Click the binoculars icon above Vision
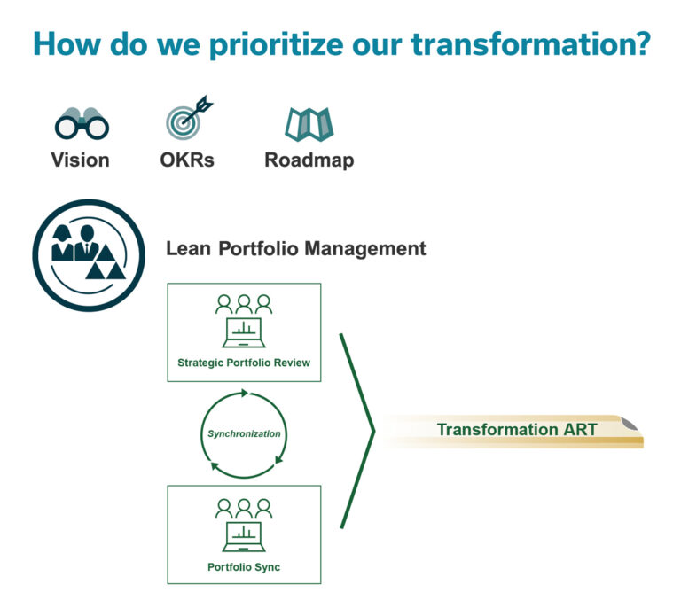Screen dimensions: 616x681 (81, 123)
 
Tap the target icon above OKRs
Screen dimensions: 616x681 (188, 119)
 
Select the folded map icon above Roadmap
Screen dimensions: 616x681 (309, 124)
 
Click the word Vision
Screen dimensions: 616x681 (81, 160)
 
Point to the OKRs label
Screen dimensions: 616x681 (189, 160)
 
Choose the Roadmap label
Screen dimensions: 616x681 (309, 160)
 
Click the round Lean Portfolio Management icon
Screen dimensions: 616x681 (88, 255)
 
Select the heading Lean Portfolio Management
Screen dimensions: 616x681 (296, 249)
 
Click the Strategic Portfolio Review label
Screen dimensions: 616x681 (244, 363)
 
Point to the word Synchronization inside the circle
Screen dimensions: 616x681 (244, 433)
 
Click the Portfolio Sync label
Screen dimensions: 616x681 (244, 566)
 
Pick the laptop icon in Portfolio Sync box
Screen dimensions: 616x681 (244, 535)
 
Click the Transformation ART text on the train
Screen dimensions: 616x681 (517, 430)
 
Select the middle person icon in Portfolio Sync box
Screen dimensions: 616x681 (244, 507)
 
